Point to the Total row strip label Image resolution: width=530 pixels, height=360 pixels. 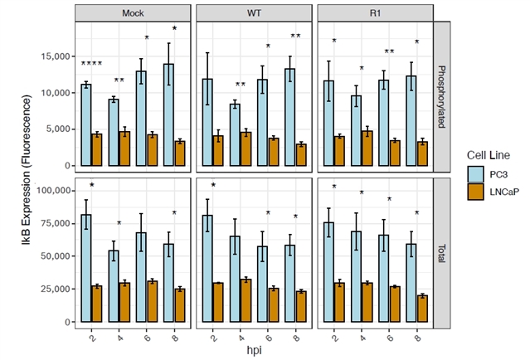pyautogui.click(x=441, y=250)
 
